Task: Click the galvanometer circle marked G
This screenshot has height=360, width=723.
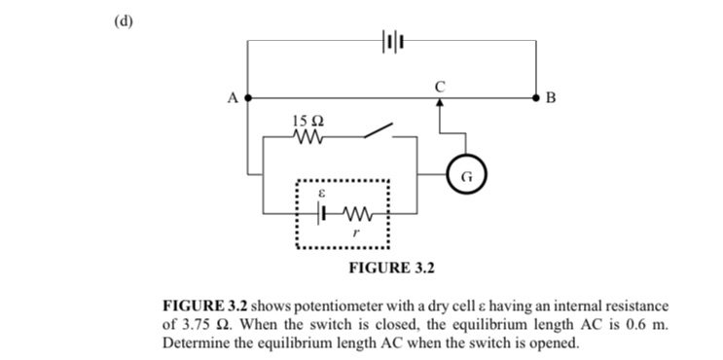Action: (466, 177)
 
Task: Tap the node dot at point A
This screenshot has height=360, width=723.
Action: (248, 98)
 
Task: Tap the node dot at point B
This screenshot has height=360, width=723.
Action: (536, 98)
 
